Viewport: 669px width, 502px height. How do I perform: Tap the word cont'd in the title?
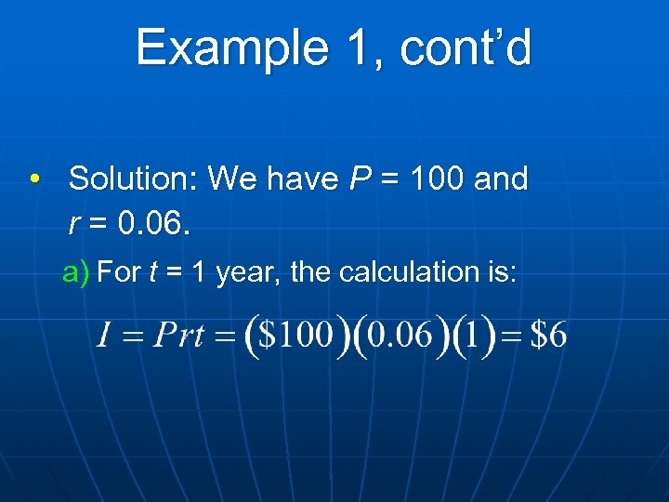466,48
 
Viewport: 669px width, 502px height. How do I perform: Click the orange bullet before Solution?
34,178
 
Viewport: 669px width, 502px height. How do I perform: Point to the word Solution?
134,178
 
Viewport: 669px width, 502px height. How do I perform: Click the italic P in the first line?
360,178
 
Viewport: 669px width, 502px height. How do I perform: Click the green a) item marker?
75,272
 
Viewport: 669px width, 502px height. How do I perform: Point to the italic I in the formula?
105,336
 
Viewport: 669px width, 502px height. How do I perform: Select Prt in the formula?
178,336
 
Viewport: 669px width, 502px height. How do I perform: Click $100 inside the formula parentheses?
295,336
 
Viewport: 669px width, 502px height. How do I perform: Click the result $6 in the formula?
547,336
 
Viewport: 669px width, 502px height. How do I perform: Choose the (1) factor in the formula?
474,336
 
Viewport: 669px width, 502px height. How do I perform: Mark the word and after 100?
501,178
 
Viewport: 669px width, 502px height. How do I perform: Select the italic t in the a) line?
152,272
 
